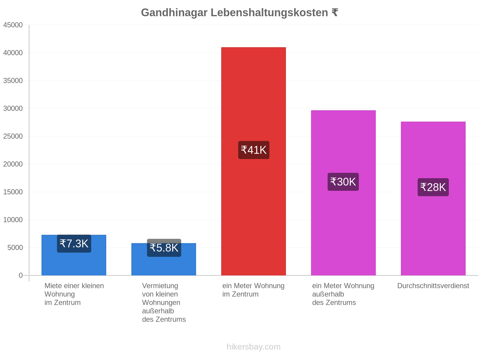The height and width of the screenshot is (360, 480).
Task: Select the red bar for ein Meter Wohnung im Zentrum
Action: [x=253, y=161]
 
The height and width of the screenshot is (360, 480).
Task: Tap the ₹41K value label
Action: [x=253, y=150]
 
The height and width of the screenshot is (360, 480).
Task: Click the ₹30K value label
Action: [x=343, y=181]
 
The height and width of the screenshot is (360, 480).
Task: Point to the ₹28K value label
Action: [x=433, y=187]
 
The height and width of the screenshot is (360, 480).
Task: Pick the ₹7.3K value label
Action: [x=74, y=244]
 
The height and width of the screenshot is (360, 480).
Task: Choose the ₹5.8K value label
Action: [x=164, y=248]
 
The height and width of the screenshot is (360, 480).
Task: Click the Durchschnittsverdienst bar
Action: [x=433, y=198]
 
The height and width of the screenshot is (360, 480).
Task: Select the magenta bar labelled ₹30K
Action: [x=343, y=193]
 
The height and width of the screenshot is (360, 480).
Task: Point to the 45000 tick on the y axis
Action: [x=13, y=25]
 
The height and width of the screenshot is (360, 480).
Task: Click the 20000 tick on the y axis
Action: [x=13, y=164]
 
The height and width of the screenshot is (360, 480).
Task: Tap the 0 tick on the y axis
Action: [x=21, y=275]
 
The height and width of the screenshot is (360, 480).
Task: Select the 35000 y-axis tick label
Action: [x=13, y=80]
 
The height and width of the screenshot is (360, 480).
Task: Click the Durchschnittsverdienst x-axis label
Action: [x=433, y=286]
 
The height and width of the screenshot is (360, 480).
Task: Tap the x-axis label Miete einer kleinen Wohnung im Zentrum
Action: [x=74, y=294]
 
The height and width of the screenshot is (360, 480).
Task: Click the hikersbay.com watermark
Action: [x=253, y=347]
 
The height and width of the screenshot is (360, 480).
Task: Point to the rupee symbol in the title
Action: [x=334, y=13]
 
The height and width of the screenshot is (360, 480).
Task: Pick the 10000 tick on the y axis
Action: [x=13, y=220]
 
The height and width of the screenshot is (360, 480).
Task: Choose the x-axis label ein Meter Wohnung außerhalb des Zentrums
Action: [x=343, y=294]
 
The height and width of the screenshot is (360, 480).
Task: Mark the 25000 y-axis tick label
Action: [x=13, y=136]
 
